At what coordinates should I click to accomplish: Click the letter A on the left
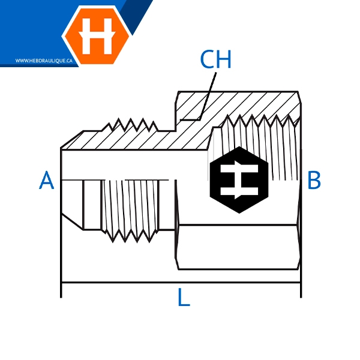(x=47, y=180)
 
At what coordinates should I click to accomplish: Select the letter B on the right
(x=314, y=180)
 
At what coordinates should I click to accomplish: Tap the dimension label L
(x=184, y=298)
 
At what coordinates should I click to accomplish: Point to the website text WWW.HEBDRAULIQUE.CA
(x=44, y=61)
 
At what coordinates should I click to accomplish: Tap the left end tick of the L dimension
(x=61, y=287)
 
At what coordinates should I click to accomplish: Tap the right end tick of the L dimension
(x=301, y=287)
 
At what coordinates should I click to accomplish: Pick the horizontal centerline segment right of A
(x=72, y=179)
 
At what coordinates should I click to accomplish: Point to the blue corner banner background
(x=24, y=24)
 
